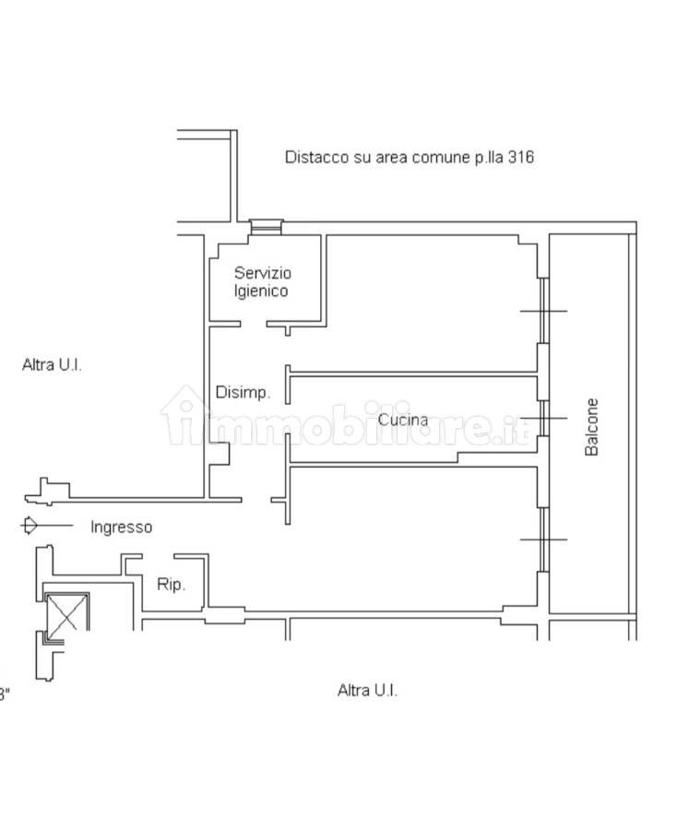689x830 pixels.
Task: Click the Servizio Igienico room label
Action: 262,282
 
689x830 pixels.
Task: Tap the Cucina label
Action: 403,420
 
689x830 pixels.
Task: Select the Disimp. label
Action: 244,393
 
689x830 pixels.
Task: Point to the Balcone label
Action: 591,427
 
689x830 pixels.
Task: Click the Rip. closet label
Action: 171,585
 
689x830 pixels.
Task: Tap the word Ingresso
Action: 121,528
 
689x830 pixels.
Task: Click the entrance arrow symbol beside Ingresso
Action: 47,526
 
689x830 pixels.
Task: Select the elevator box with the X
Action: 66,612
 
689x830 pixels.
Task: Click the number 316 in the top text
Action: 520,157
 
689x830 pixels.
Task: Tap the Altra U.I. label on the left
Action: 52,364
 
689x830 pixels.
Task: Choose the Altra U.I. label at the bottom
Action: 367,690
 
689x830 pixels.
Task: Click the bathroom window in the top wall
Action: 267,227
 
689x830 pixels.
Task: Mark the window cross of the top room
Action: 544,311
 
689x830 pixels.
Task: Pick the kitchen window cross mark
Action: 544,418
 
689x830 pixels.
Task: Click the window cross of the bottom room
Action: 544,539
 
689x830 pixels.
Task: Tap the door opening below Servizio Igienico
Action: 253,324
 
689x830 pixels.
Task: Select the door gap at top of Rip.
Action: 158,556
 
